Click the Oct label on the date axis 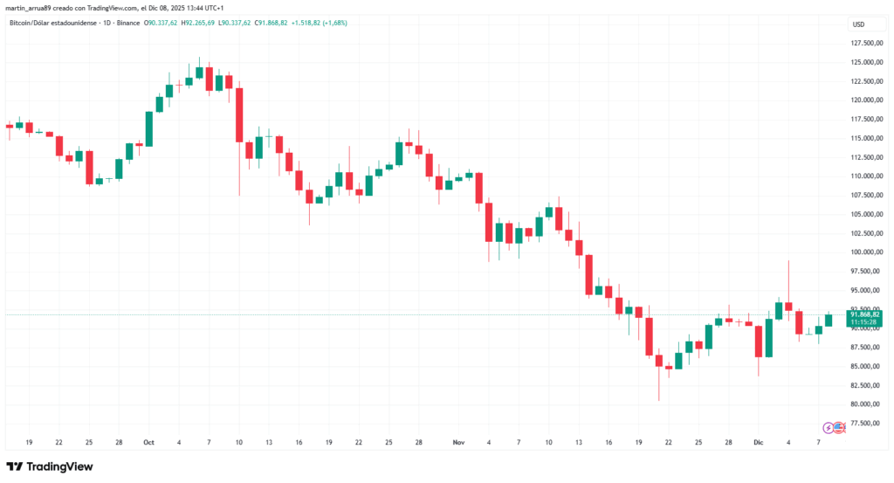tap(148, 443)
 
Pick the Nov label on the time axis tap(459, 443)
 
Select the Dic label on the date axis tap(759, 443)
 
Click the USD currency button tap(858, 24)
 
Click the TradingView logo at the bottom tap(50, 466)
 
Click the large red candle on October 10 tap(238, 114)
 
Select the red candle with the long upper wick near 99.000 tap(788, 306)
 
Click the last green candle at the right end tap(829, 321)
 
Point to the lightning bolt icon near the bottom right tap(829, 427)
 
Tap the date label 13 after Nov tap(579, 443)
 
